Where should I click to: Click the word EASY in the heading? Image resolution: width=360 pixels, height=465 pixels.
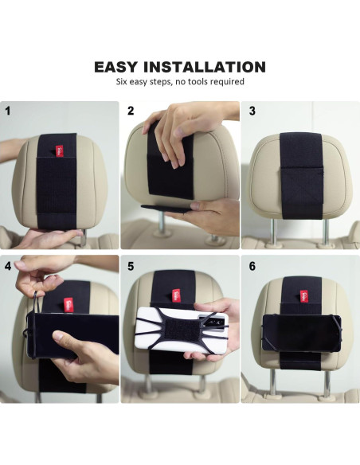click(116, 67)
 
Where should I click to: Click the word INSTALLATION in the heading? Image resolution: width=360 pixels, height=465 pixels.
click(205, 67)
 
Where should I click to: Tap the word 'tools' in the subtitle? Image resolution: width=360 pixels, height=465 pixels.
click(196, 81)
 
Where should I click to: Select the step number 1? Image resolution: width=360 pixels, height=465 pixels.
click(8, 111)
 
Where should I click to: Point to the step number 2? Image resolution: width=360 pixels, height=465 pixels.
click(131, 111)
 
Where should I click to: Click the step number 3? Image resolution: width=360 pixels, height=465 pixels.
click(252, 111)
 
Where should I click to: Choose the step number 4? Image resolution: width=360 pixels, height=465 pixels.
click(8, 266)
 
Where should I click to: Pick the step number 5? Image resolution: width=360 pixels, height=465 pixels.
click(131, 266)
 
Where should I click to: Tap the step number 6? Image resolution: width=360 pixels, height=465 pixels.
click(252, 266)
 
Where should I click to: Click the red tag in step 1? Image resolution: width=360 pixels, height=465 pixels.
click(59, 150)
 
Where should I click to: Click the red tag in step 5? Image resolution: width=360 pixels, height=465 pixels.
click(177, 295)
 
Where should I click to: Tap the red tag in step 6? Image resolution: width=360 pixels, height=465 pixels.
click(303, 296)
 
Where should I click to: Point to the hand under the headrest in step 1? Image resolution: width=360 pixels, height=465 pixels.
click(49, 238)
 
